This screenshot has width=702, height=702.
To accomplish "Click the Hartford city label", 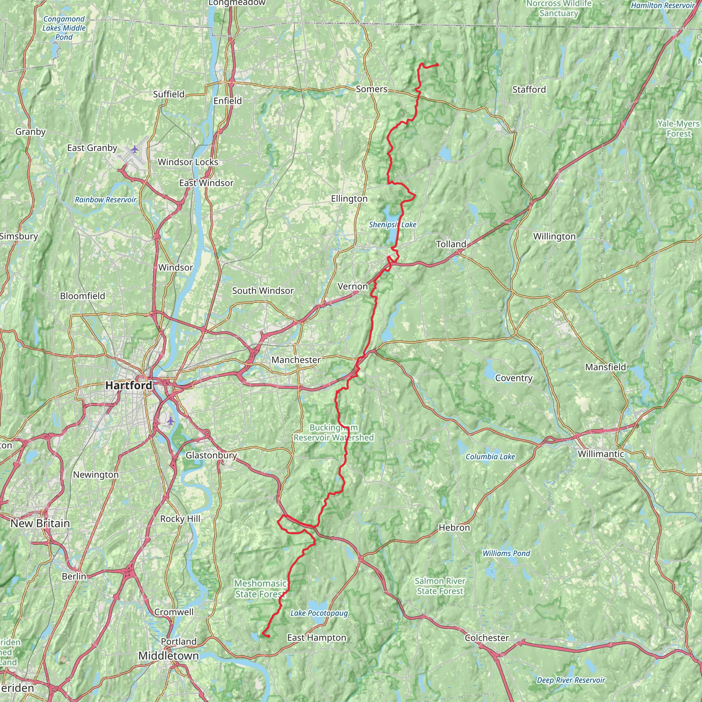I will pyautogui.click(x=129, y=386).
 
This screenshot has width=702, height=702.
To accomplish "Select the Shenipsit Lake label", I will pyautogui.click(x=392, y=225).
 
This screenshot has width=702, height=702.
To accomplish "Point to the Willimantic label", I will pyautogui.click(x=601, y=454).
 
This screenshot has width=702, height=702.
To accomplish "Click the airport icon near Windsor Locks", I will pyautogui.click(x=135, y=149).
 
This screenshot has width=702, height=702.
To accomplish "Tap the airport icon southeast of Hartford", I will pyautogui.click(x=171, y=421).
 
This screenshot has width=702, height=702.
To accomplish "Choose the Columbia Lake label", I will pyautogui.click(x=490, y=457).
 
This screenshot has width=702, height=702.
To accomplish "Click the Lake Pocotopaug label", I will pyautogui.click(x=319, y=613).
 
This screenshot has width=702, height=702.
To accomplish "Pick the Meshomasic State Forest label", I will pyautogui.click(x=260, y=589).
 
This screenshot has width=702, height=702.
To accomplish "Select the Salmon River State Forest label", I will pyautogui.click(x=440, y=586).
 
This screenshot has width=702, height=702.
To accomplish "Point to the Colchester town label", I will pyautogui.click(x=486, y=638).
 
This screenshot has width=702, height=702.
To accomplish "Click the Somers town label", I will pyautogui.click(x=371, y=89).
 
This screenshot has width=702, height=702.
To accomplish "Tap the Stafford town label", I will pyautogui.click(x=529, y=89).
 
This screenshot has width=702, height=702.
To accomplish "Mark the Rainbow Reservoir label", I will pyautogui.click(x=105, y=200).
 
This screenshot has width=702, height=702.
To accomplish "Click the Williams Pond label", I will pyautogui.click(x=506, y=553).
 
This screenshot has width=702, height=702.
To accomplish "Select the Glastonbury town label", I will pyautogui.click(x=211, y=455).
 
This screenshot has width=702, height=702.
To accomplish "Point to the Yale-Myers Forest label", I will pyautogui.click(x=678, y=129).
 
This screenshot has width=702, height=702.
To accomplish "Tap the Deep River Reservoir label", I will pyautogui.click(x=571, y=680).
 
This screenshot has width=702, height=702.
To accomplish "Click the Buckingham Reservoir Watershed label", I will pyautogui.click(x=334, y=433).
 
